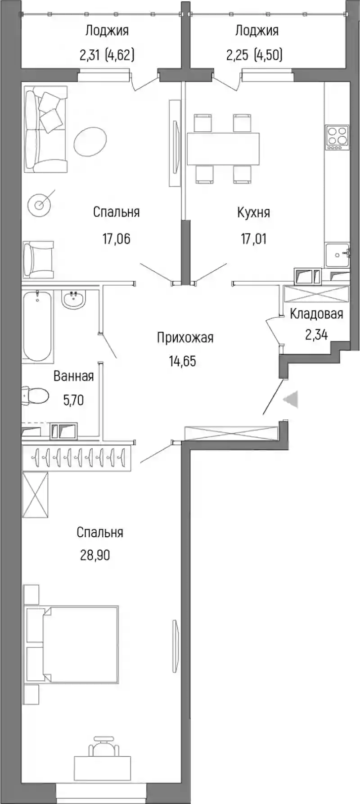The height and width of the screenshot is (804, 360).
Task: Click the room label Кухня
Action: coord(253,212)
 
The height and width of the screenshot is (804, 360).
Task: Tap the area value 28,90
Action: coord(95,555)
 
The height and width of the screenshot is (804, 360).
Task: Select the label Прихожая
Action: coord(185,337)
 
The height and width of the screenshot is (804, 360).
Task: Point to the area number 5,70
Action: coord(73,400)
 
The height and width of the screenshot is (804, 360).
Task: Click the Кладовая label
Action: coord(316,314)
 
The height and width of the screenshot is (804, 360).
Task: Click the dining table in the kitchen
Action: coord(223,148)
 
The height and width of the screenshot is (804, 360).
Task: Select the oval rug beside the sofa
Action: coord(90,141)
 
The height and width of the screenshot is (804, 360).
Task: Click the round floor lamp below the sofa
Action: coord(40,205)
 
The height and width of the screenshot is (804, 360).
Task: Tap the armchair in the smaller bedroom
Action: coord(38,260)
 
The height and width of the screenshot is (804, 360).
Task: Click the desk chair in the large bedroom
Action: coord(103,747)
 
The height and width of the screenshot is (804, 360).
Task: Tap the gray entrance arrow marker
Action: coord(291,400)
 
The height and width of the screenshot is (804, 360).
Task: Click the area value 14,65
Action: coord(183,361)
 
